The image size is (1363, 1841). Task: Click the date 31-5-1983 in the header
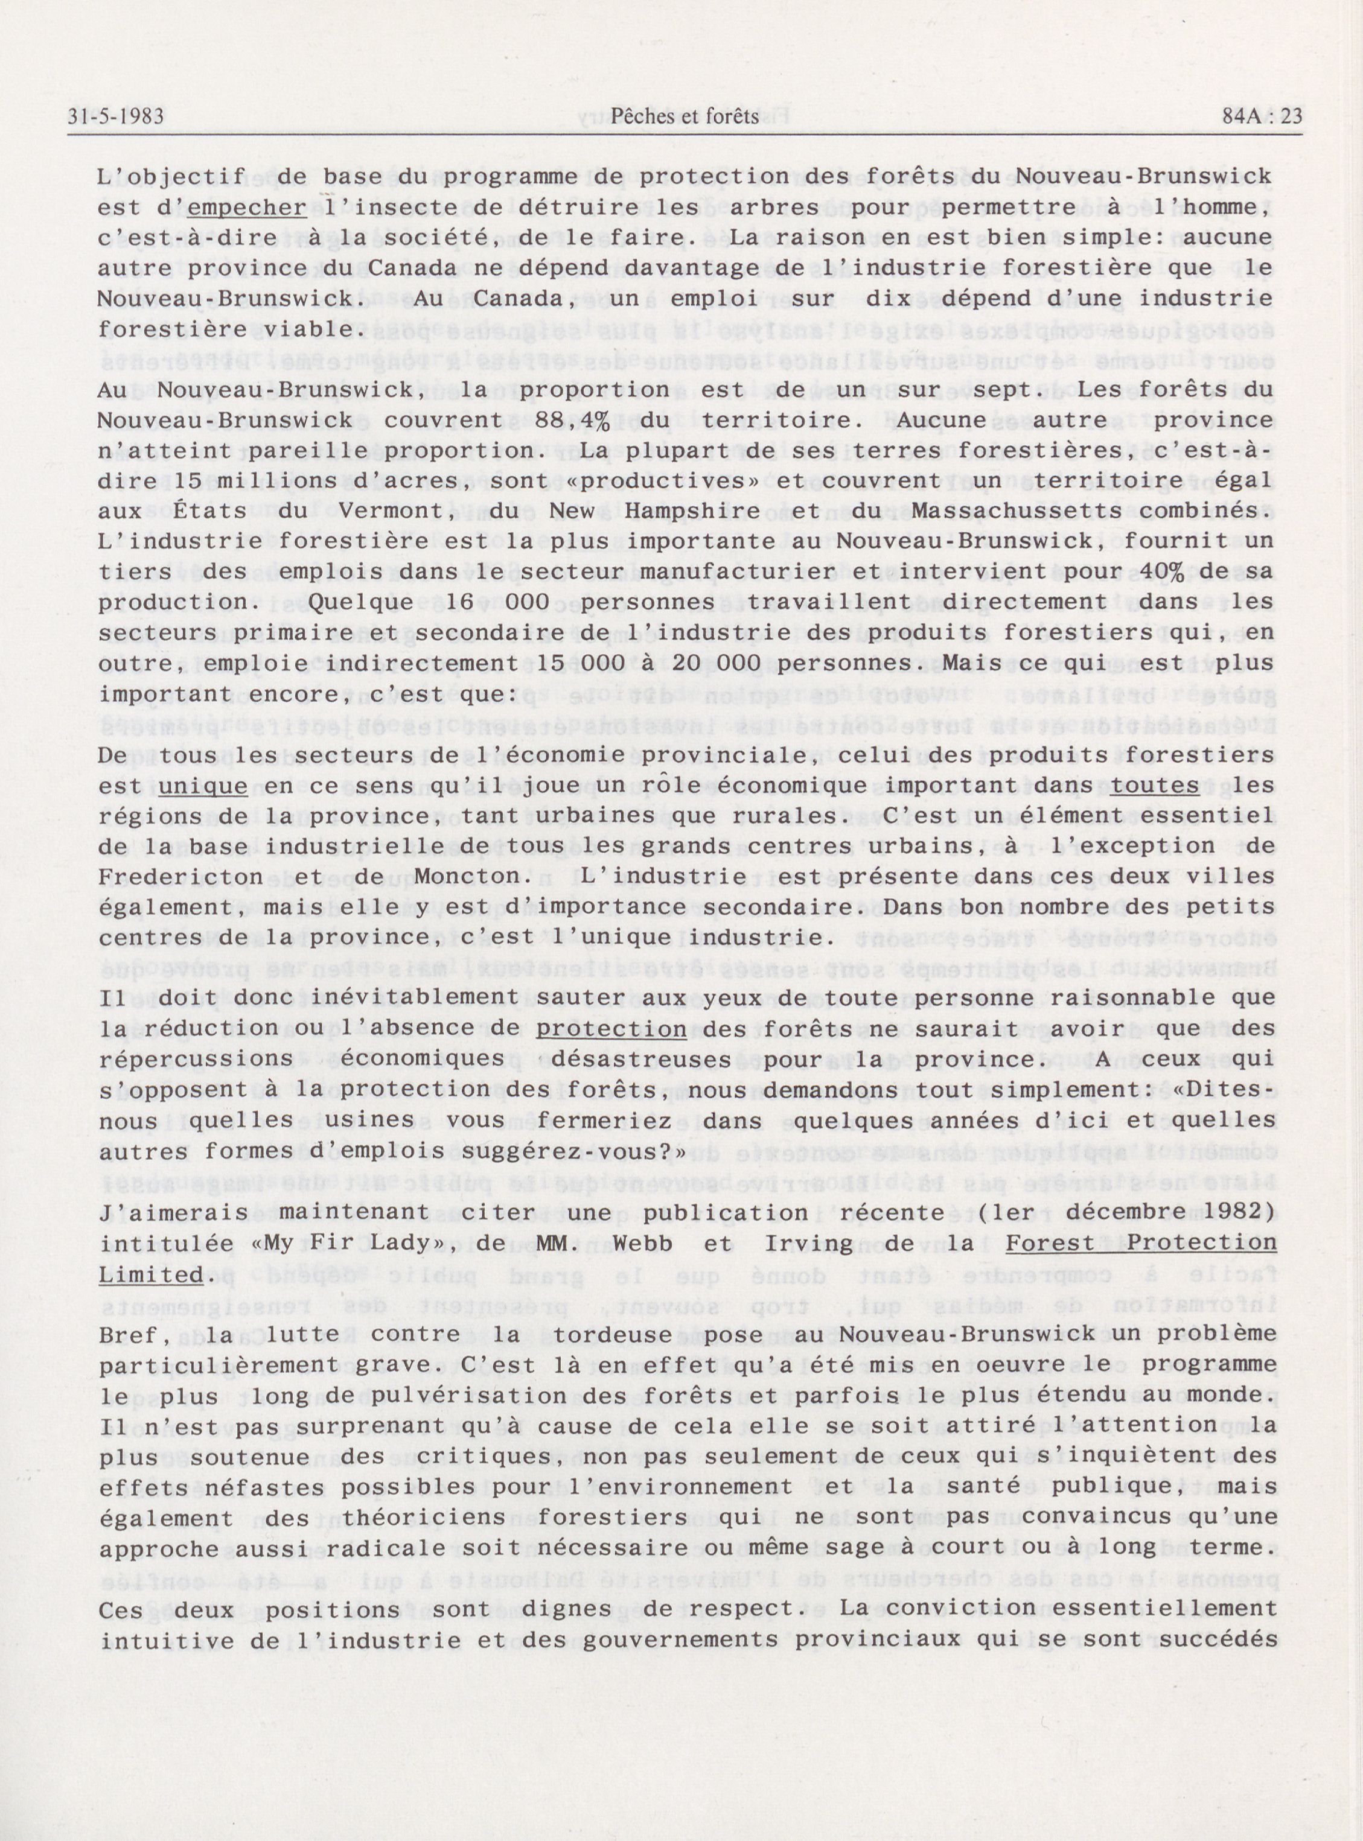117,118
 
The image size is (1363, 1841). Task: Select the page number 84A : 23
1262,118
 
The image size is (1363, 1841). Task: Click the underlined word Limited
149,1274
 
